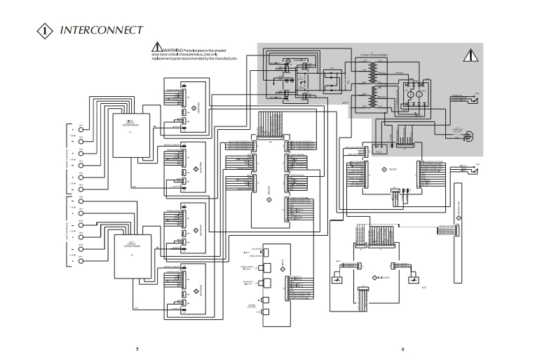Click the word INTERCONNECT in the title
(x=102, y=30)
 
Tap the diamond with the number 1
(x=45, y=31)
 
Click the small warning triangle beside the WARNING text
(x=157, y=48)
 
